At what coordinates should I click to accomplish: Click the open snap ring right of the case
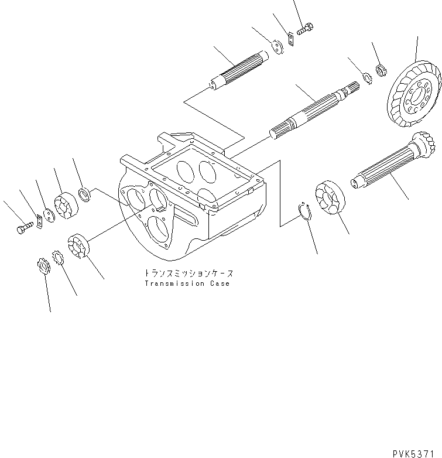click(x=303, y=211)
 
